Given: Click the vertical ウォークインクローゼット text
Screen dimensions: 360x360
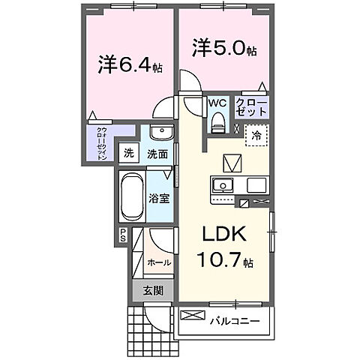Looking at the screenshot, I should (101, 142).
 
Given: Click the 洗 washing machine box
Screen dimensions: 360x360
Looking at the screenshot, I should (129, 154).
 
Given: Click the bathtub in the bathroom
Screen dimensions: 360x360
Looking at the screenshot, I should (130, 196).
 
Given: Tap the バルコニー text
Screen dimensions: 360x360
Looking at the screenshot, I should (239, 321).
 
